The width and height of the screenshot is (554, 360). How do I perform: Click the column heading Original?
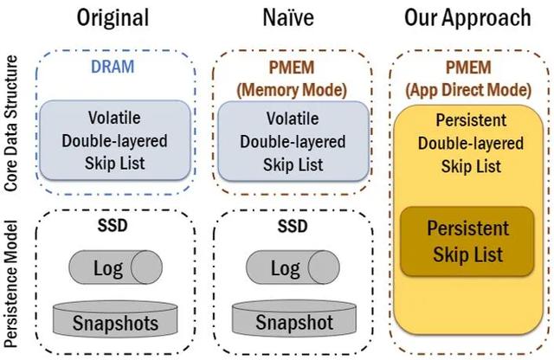(113, 18)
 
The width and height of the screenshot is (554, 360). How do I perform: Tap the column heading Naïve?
(288, 17)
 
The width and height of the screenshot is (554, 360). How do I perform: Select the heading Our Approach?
(467, 18)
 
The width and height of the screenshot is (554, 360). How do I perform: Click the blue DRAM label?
(113, 67)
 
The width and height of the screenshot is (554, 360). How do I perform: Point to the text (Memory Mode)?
(292, 90)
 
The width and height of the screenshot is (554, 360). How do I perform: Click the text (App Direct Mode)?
(468, 90)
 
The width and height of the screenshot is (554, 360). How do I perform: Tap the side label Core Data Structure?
(10, 123)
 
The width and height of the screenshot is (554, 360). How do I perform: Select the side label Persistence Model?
(10, 284)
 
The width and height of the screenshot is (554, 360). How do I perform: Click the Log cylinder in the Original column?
(115, 267)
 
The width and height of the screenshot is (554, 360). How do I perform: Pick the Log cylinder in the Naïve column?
(293, 267)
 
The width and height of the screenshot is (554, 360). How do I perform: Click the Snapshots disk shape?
(115, 318)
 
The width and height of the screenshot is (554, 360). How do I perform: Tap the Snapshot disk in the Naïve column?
(294, 318)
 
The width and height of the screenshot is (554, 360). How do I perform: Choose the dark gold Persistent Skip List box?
(467, 241)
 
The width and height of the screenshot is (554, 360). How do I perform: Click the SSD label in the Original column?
(113, 226)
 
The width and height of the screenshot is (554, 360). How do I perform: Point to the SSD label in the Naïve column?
(293, 226)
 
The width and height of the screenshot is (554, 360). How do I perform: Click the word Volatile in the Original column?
(114, 118)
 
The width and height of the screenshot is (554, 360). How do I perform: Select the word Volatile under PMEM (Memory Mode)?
(293, 119)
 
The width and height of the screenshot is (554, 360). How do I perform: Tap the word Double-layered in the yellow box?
(471, 144)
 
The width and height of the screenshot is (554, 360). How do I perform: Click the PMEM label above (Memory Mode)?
(292, 67)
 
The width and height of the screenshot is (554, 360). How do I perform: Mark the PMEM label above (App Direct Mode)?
(468, 67)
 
